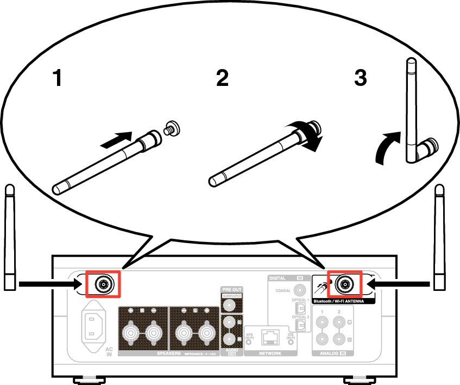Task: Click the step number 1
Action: (x=57, y=79)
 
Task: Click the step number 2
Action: (x=222, y=79)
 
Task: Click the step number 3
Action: (x=360, y=78)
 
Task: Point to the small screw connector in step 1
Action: (x=172, y=129)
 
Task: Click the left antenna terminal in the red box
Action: (x=103, y=283)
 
